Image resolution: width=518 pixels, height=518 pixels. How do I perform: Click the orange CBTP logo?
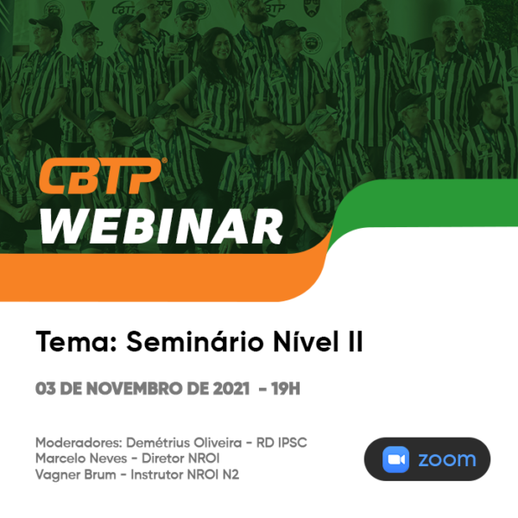103,176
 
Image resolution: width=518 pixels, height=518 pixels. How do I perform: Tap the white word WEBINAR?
161,227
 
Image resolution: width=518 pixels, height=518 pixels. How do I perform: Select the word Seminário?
194,342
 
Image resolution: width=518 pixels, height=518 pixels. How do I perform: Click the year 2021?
231,388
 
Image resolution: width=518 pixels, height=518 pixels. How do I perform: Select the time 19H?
286,388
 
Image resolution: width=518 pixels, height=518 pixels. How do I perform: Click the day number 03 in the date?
45,388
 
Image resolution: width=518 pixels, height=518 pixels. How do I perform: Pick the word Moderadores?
79,443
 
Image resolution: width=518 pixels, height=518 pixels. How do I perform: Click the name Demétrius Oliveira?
184,443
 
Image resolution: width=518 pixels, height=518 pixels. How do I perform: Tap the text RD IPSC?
281,443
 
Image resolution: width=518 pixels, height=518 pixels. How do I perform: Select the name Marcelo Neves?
81,458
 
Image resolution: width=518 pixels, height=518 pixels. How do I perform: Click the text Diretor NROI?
180,458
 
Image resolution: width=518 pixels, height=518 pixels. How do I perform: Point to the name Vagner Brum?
76,475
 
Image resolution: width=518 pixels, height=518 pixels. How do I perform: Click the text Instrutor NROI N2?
185,475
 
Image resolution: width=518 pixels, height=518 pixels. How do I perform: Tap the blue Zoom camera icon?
395,459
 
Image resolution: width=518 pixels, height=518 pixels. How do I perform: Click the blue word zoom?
447,459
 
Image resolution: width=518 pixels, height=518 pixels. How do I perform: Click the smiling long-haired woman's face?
222,47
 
